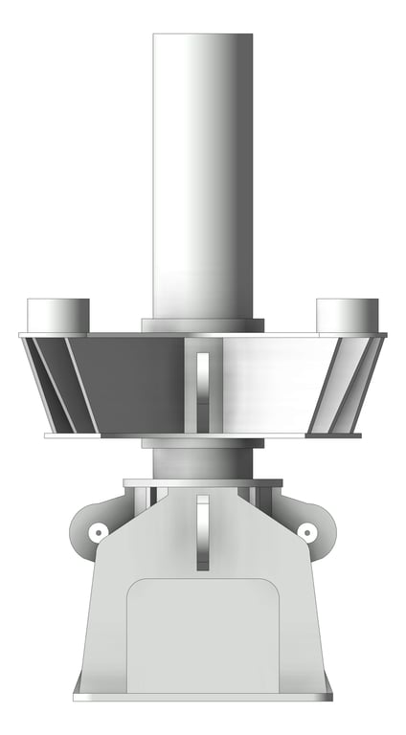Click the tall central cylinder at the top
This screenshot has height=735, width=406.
[x=203, y=172]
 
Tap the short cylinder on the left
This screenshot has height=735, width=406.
[x=57, y=314]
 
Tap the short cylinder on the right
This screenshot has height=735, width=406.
[x=347, y=314]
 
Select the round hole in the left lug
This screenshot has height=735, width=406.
[x=96, y=531]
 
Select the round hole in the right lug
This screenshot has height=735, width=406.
[x=307, y=531]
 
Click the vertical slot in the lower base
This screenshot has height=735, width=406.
[x=202, y=531]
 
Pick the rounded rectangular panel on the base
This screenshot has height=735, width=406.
[x=202, y=636]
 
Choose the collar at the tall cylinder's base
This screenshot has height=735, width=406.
[x=202, y=325]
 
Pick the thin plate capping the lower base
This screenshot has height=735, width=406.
[x=202, y=482]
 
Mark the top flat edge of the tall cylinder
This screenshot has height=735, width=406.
[x=203, y=35]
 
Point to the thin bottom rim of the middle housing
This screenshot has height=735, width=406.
[x=202, y=435]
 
